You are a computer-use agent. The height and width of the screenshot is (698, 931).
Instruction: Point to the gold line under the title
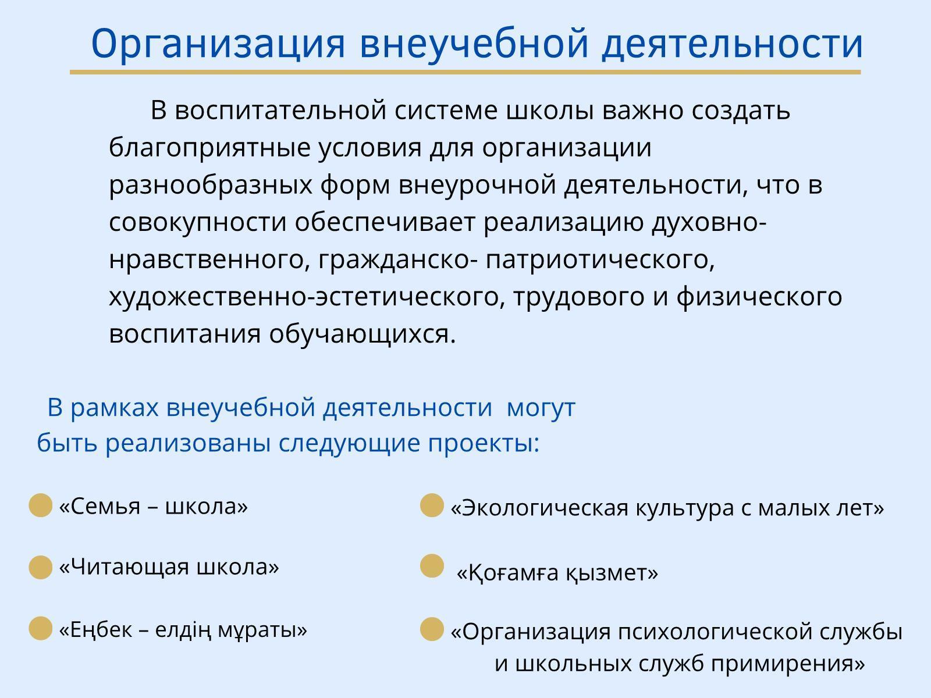point(465,72)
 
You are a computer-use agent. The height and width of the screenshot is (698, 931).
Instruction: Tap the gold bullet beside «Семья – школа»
point(40,505)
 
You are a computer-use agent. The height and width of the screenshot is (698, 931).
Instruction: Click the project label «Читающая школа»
point(169,567)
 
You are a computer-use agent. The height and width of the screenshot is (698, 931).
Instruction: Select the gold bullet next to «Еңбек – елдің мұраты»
point(40,628)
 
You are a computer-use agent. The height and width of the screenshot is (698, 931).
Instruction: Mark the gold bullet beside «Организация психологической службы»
point(432,629)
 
